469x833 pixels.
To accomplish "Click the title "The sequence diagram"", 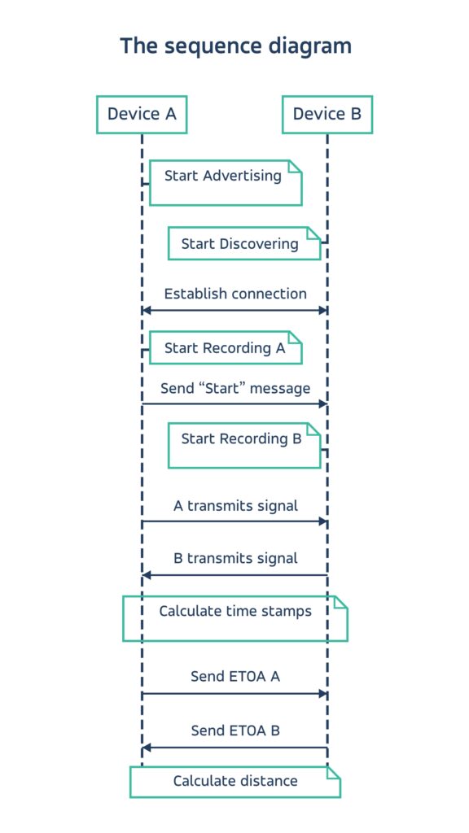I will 235,46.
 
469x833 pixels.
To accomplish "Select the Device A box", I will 142,114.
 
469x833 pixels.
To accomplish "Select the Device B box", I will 327,114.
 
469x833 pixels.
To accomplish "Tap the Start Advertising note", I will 226,182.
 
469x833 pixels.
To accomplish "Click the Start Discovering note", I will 243,243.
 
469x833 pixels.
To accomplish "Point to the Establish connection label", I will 235,294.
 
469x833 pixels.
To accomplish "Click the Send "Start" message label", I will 235,388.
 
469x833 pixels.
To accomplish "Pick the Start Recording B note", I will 243,445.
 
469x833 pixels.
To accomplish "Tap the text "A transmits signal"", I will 235,505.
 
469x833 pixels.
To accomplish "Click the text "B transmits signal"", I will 235,558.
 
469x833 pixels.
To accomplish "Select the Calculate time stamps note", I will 235,617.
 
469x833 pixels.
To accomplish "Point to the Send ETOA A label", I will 235,676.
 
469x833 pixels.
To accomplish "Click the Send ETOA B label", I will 235,731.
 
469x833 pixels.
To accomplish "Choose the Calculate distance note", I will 235,782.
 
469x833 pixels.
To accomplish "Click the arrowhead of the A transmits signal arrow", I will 322,521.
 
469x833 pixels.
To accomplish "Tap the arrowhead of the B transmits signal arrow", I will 147,575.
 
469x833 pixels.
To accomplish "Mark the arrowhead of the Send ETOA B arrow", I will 147,748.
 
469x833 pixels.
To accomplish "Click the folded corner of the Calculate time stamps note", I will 340,603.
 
